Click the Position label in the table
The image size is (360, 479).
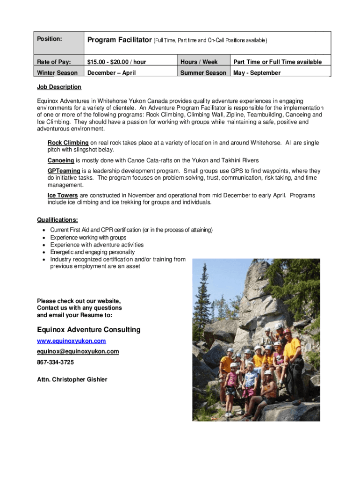(x=50, y=39)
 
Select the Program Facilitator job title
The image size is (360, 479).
(x=120, y=40)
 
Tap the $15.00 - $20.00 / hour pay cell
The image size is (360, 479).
(x=116, y=62)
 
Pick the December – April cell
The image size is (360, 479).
(x=112, y=73)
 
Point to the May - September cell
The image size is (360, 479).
(x=257, y=73)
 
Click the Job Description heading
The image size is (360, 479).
(x=59, y=87)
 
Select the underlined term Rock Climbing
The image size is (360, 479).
(x=68, y=143)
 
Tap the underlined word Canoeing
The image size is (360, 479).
(x=61, y=160)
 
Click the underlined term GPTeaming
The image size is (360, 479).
(x=64, y=171)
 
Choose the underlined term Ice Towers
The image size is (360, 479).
(x=63, y=196)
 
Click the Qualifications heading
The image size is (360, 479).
(x=58, y=220)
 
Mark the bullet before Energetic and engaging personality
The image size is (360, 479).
(x=43, y=252)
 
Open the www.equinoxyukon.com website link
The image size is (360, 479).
(x=72, y=341)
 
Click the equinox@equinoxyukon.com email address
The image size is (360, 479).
(x=78, y=351)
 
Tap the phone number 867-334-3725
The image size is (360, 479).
(x=55, y=362)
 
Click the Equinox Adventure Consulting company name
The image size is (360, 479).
(x=89, y=330)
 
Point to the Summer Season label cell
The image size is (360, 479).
(x=203, y=73)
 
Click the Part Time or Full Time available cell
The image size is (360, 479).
(x=277, y=62)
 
